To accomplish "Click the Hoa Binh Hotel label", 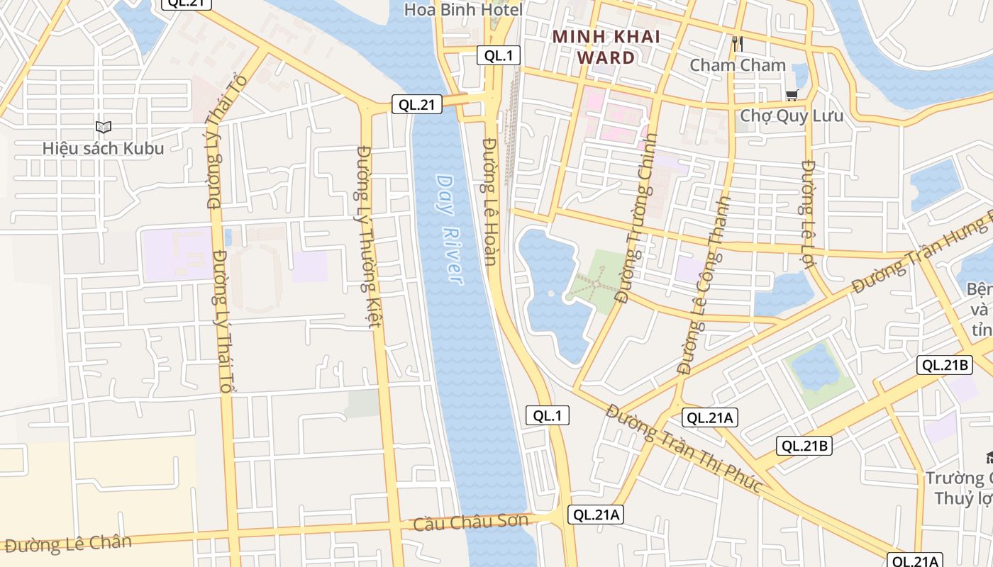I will (x=463, y=10).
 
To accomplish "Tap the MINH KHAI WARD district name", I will (x=606, y=47).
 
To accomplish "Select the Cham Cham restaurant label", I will (x=738, y=65).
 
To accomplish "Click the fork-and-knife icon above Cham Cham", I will (x=738, y=44).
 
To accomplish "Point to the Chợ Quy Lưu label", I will (x=792, y=115).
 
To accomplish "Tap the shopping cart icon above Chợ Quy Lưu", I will (x=792, y=95).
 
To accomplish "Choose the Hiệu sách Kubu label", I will (x=103, y=148).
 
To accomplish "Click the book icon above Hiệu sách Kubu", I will (x=104, y=128).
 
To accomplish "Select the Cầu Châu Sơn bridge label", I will (x=471, y=522).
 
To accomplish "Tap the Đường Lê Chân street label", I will (x=68, y=544).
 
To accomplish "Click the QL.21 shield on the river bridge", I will (x=417, y=105).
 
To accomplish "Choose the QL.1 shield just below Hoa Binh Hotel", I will (x=499, y=55).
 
